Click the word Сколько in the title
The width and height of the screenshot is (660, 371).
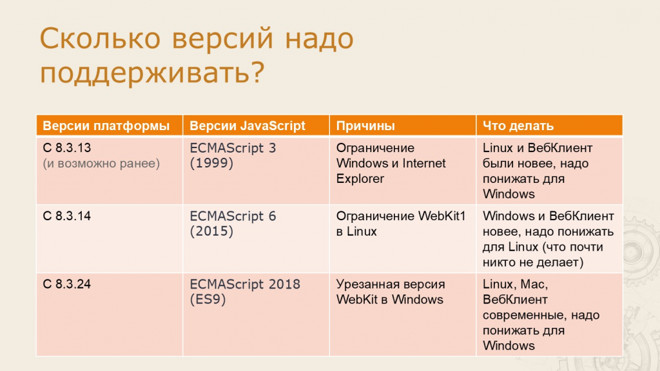(100, 38)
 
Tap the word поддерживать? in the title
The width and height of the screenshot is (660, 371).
(152, 72)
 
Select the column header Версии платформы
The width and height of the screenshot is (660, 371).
(106, 126)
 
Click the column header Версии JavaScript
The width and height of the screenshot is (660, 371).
(247, 126)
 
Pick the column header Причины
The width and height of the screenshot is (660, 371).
(365, 126)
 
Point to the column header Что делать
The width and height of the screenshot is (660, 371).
(518, 126)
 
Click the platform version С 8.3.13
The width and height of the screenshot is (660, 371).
(67, 147)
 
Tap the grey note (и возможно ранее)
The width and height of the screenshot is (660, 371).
(101, 163)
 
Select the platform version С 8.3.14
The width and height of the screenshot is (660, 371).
(67, 216)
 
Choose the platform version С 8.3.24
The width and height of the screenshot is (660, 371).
(67, 284)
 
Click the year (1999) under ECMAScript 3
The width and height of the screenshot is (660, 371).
(211, 163)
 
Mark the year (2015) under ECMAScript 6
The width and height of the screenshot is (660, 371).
(211, 231)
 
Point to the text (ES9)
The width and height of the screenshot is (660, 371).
(208, 300)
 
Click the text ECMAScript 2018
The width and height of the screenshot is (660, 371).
(245, 284)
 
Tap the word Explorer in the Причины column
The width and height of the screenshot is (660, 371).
(360, 179)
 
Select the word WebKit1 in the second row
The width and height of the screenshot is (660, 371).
(442, 216)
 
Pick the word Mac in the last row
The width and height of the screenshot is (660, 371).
(534, 284)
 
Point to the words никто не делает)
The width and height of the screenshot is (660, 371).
(533, 263)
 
